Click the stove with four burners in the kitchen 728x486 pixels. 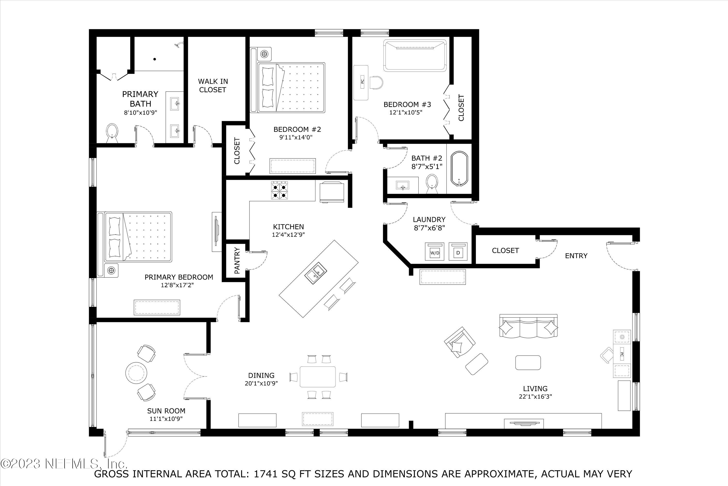[280, 191]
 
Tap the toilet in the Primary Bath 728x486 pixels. [112, 132]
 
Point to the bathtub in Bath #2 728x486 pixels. [459, 169]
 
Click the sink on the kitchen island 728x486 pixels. [316, 273]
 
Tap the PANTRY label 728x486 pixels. [237, 260]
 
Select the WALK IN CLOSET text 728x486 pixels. [213, 86]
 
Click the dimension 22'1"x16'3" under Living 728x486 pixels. [536, 396]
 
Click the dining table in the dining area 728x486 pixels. [318, 377]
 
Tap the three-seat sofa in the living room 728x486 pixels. [528, 326]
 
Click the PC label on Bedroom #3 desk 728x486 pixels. [362, 81]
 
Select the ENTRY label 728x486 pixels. [576, 256]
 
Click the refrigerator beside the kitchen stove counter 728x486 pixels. [332, 192]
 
